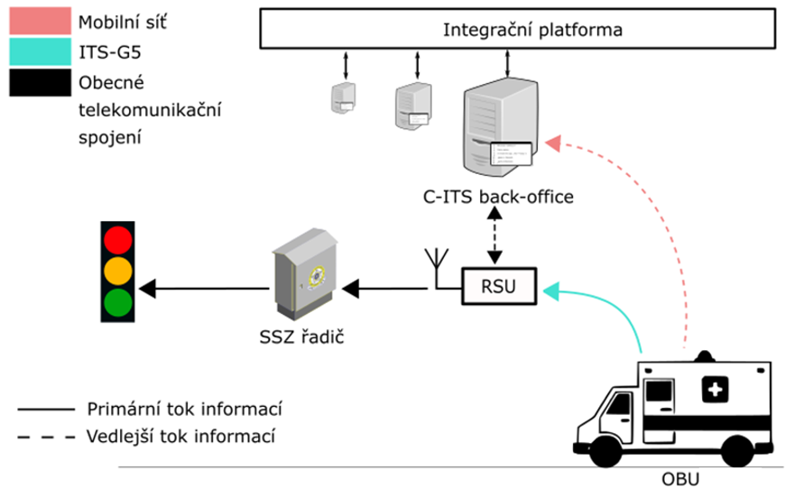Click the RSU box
click(x=499, y=288)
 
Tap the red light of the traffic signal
click(x=118, y=239)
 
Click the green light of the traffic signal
click(x=118, y=301)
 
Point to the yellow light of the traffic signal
click(x=118, y=271)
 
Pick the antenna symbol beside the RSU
click(x=437, y=263)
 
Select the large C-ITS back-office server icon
click(x=497, y=127)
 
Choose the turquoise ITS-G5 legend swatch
click(x=38, y=53)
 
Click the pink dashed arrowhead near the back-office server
click(x=554, y=143)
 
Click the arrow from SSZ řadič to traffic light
click(x=208, y=289)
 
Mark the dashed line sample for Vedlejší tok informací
click(x=45, y=436)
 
